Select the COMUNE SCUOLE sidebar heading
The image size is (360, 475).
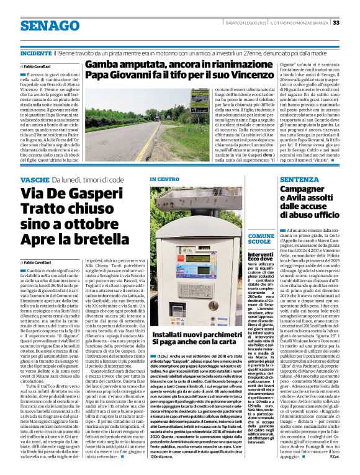260,239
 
